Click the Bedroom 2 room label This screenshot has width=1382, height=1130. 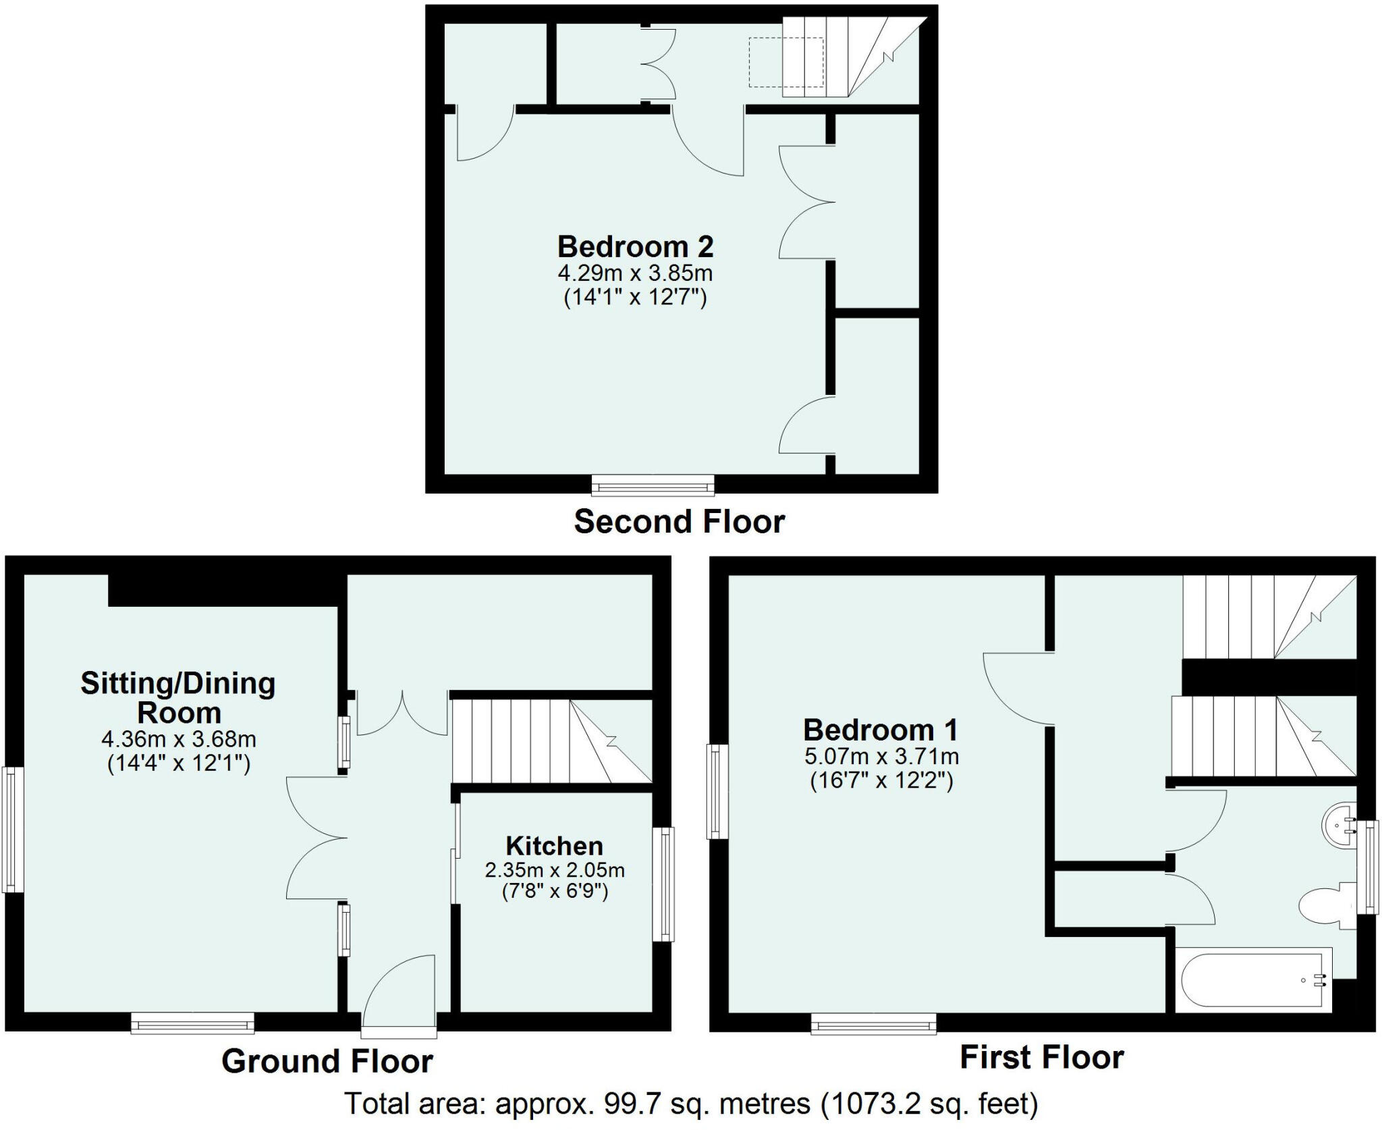pos(635,247)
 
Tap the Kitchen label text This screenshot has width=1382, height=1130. pos(554,846)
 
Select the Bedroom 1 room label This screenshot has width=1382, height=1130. pos(880,730)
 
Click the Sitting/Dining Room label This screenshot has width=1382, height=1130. pos(178,698)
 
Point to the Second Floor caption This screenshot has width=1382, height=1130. pos(679,522)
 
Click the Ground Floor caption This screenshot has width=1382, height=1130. pos(327,1061)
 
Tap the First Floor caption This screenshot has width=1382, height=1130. pos(1041,1057)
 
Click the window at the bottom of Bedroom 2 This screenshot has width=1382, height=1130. pos(653,485)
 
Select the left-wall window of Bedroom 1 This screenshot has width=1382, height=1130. pos(717,792)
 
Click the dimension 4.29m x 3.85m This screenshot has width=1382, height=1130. pos(635,274)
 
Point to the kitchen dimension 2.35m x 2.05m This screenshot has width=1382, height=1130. pos(554,870)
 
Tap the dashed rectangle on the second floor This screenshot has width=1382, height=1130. pos(786,63)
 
